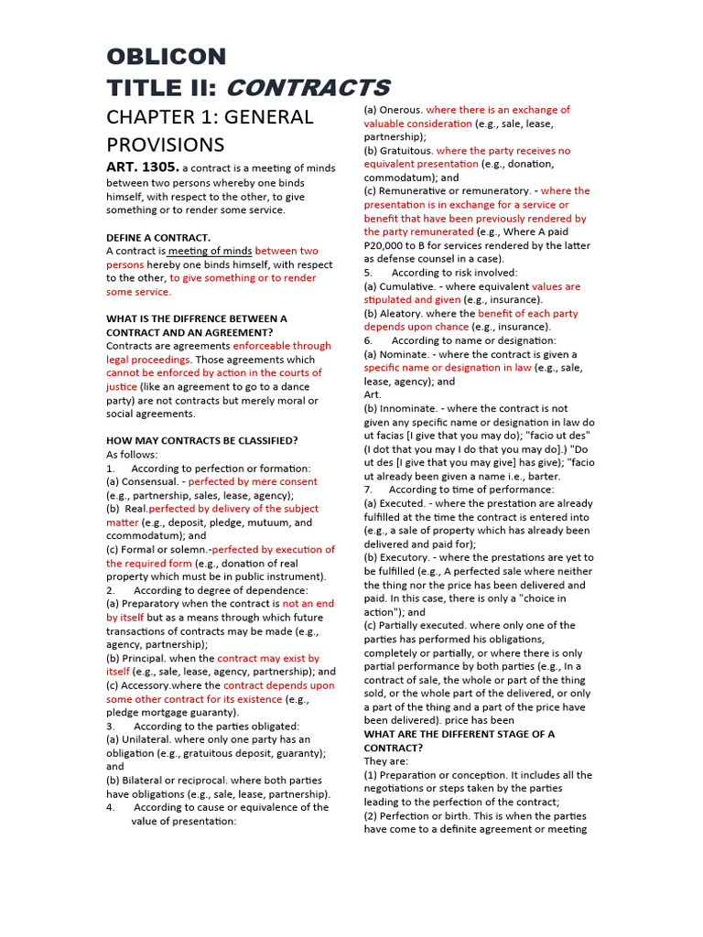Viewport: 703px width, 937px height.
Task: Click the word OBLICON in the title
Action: click(x=166, y=57)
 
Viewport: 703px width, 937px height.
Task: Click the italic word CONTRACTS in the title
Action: click(x=308, y=88)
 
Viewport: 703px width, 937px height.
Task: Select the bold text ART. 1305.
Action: click(x=142, y=167)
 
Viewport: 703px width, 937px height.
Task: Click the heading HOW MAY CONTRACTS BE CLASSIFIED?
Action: click(x=201, y=440)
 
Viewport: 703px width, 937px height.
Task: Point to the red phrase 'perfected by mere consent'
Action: click(x=253, y=481)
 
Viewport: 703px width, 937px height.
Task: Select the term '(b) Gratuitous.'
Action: click(x=398, y=150)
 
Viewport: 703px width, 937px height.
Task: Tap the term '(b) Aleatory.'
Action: click(x=395, y=313)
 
